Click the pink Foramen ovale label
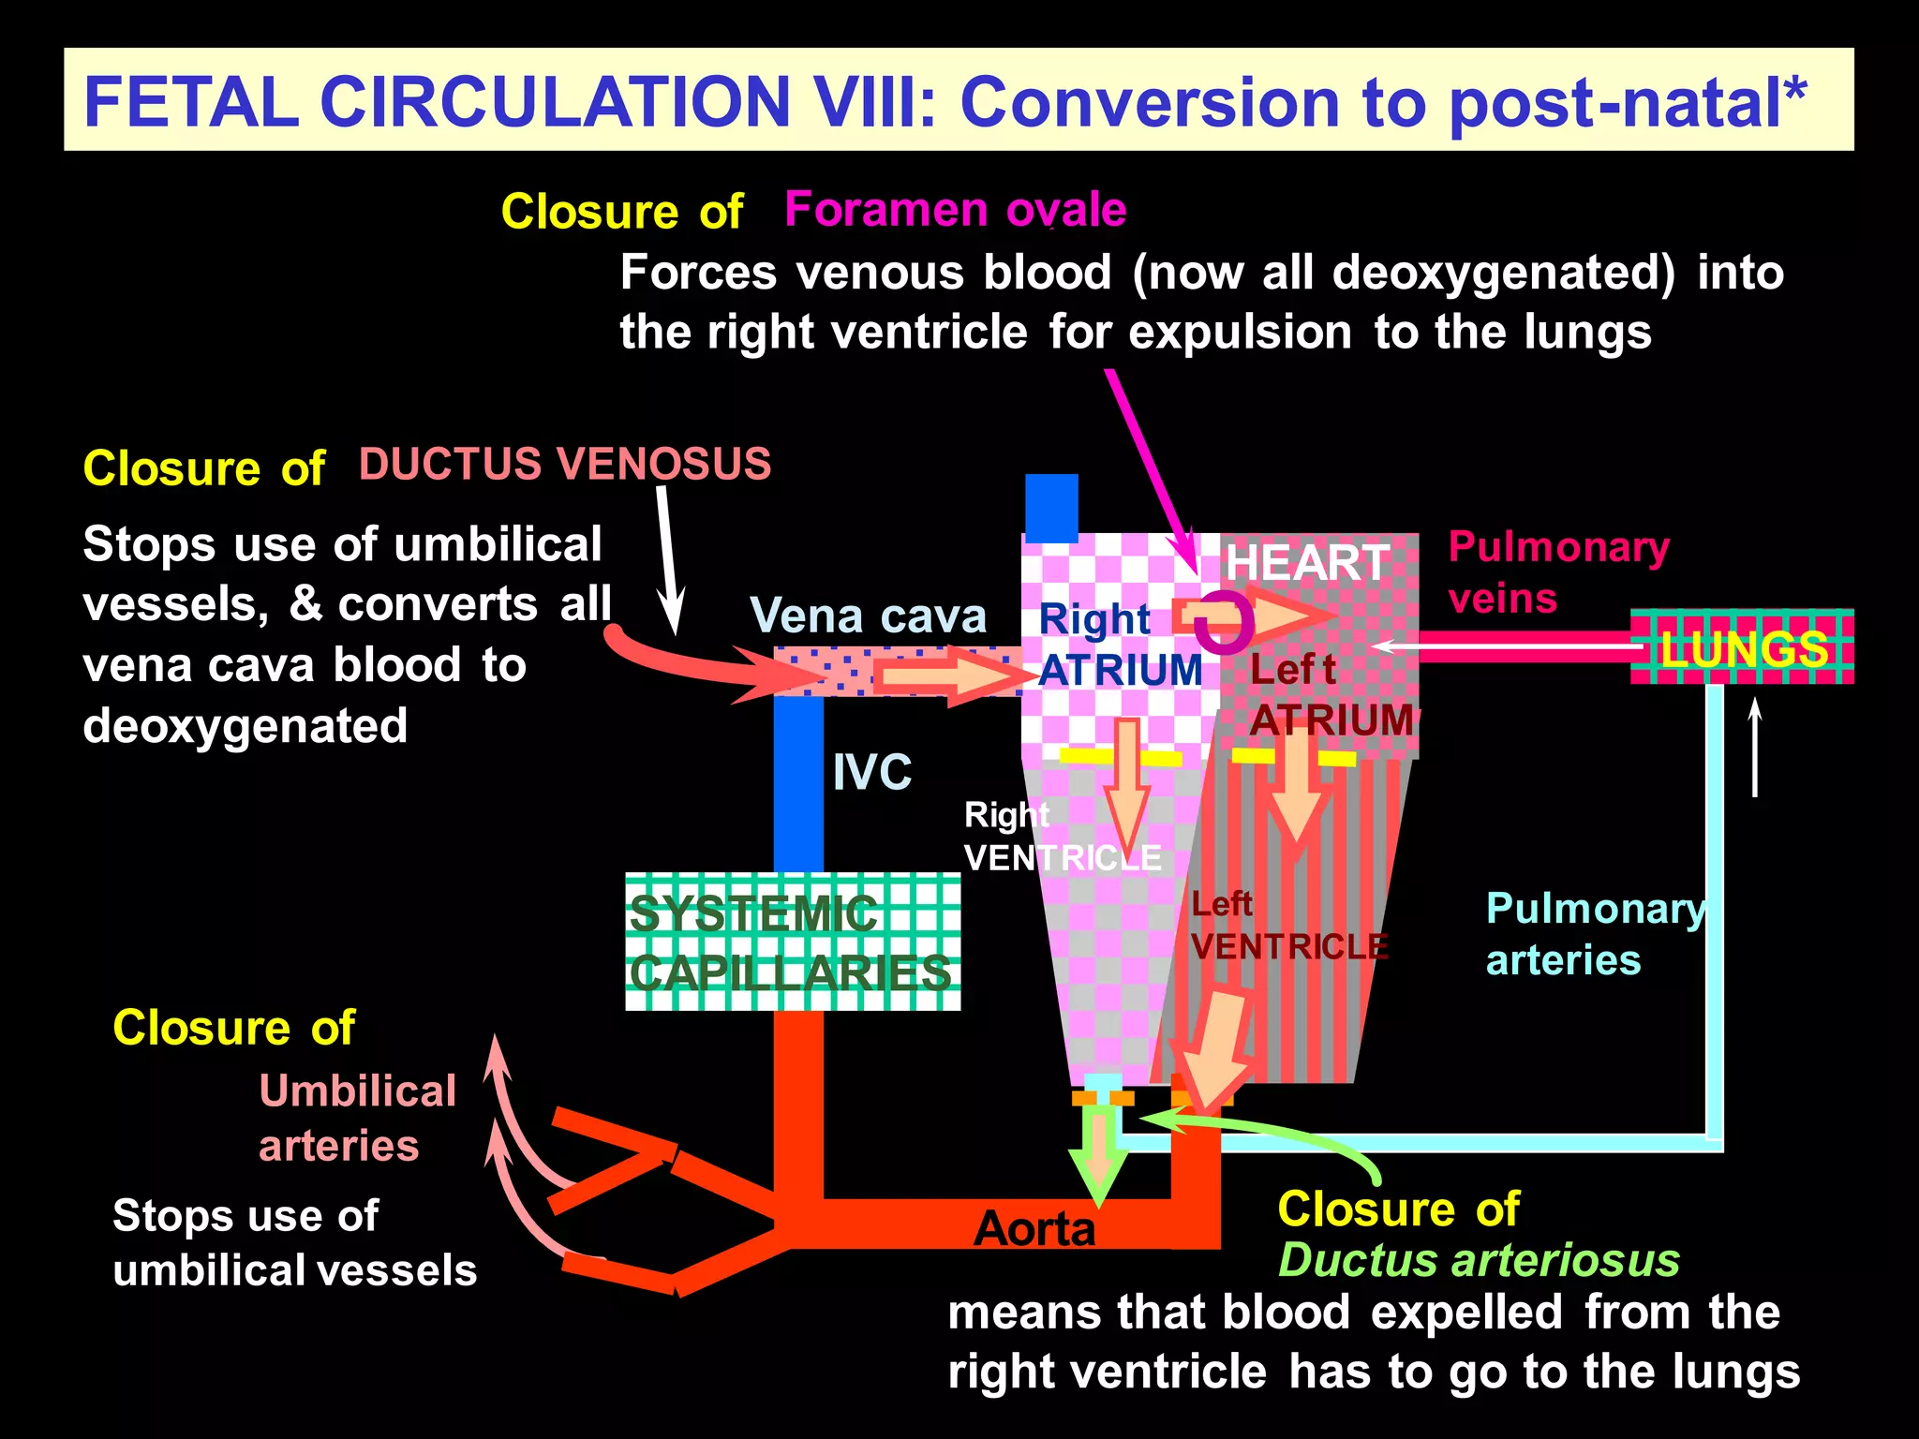tap(955, 209)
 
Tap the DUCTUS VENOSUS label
tap(565, 465)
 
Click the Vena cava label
tap(868, 616)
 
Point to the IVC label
tap(871, 773)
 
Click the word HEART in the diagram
tap(1307, 563)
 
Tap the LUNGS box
tap(1741, 647)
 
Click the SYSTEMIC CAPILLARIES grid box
tap(793, 942)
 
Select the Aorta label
tap(1034, 1228)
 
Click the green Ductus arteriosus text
tap(1479, 1260)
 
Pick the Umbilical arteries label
tap(357, 1119)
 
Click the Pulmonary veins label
tap(1558, 571)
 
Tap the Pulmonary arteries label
tap(1596, 934)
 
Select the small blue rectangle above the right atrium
tap(1051, 508)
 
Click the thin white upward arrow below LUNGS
tap(1755, 749)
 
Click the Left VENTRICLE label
tap(1287, 927)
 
